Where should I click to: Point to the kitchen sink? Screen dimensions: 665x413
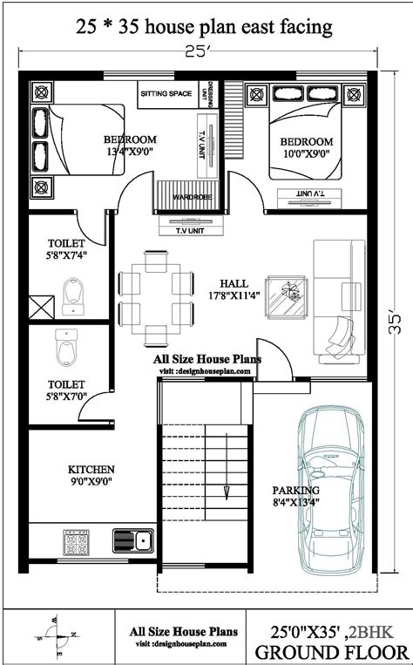[132, 540]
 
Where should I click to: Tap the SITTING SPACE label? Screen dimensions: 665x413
[168, 92]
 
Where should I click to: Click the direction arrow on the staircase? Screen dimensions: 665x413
[224, 490]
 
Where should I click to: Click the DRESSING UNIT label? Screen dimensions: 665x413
[205, 93]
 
